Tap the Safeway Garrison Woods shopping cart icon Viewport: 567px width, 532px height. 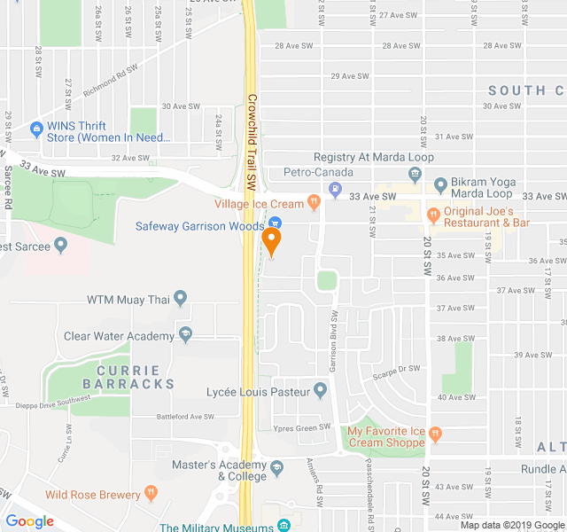coord(276,225)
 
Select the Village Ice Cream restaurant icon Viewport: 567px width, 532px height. coord(314,204)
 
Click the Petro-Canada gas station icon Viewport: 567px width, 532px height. coord(335,188)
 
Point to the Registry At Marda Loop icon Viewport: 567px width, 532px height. coord(415,173)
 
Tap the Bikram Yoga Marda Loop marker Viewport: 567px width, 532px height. coord(441,186)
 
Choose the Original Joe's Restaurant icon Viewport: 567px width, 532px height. coord(434,215)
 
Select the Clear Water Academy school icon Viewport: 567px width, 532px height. coord(185,335)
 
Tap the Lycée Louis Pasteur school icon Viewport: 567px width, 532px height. coord(321,391)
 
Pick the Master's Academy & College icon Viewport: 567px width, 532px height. coord(277,467)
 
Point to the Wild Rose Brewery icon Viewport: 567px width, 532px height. coord(151,494)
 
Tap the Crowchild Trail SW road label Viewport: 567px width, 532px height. coord(252,142)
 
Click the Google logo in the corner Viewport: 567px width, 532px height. coord(29,521)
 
